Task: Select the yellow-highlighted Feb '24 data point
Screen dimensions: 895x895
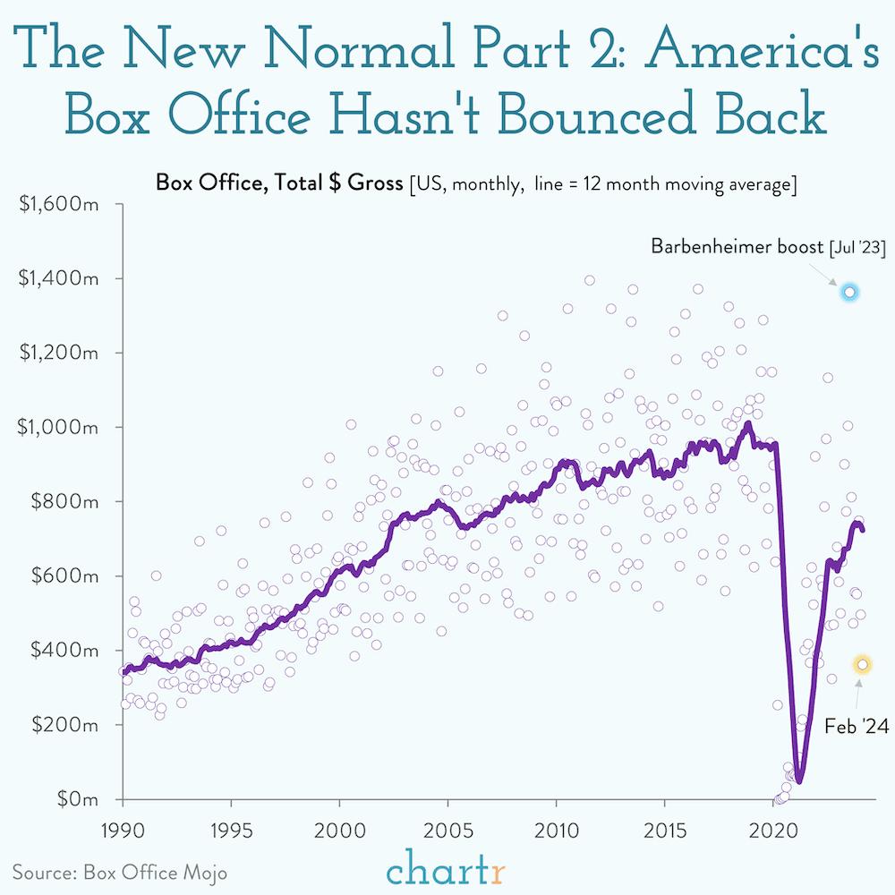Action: click(x=863, y=664)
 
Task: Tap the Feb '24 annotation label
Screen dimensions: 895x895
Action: click(x=857, y=727)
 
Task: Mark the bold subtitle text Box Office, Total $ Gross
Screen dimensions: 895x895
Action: click(x=277, y=184)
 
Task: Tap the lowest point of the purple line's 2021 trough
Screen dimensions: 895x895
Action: click(x=799, y=781)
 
